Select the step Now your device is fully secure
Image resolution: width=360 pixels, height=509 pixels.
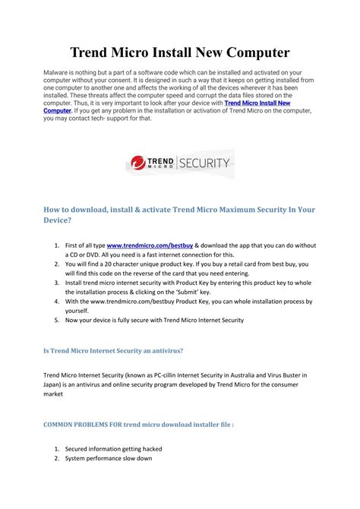pyautogui.click(x=154, y=320)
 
